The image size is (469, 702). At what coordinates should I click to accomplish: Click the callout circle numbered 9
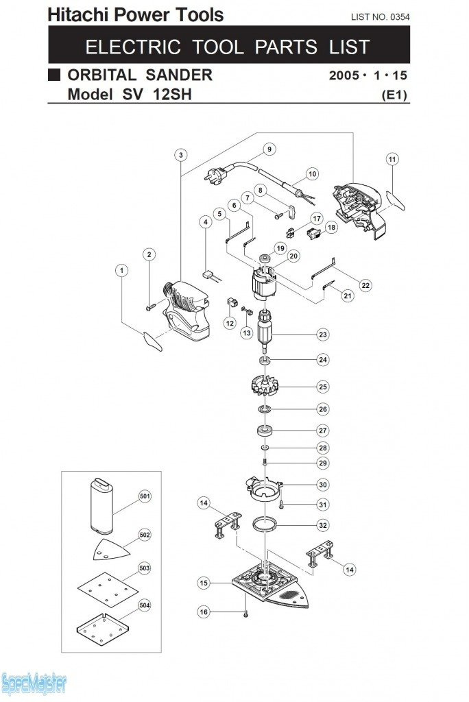269,149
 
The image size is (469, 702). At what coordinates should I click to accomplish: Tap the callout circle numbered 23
322,334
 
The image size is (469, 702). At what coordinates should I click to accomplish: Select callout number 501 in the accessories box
145,496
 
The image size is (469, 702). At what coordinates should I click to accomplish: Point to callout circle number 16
204,612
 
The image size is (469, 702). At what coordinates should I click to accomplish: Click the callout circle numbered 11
392,159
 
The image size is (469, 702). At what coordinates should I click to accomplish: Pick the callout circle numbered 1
121,271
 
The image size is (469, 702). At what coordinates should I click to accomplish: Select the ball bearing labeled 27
264,431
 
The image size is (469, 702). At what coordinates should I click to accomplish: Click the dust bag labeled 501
101,505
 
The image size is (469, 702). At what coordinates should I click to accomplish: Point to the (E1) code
395,96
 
